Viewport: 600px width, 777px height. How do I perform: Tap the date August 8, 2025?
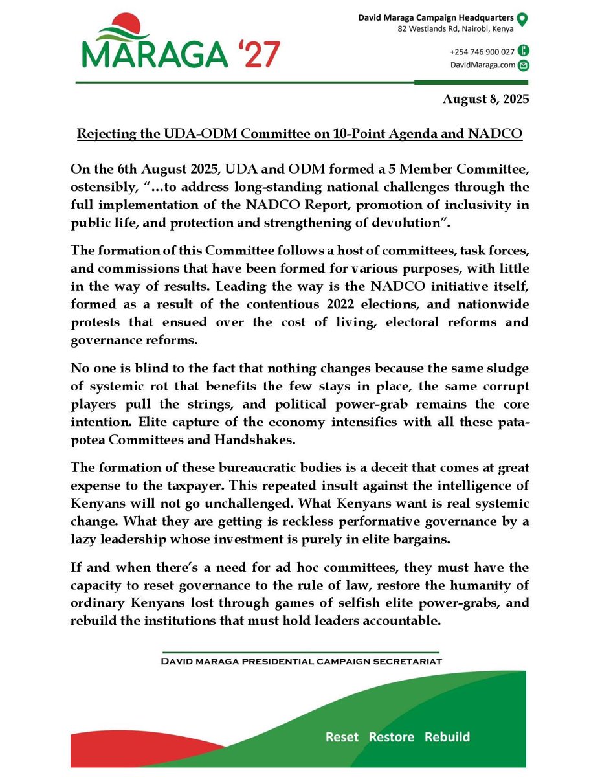(485, 100)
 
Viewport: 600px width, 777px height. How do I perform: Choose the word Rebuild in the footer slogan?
(447, 737)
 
